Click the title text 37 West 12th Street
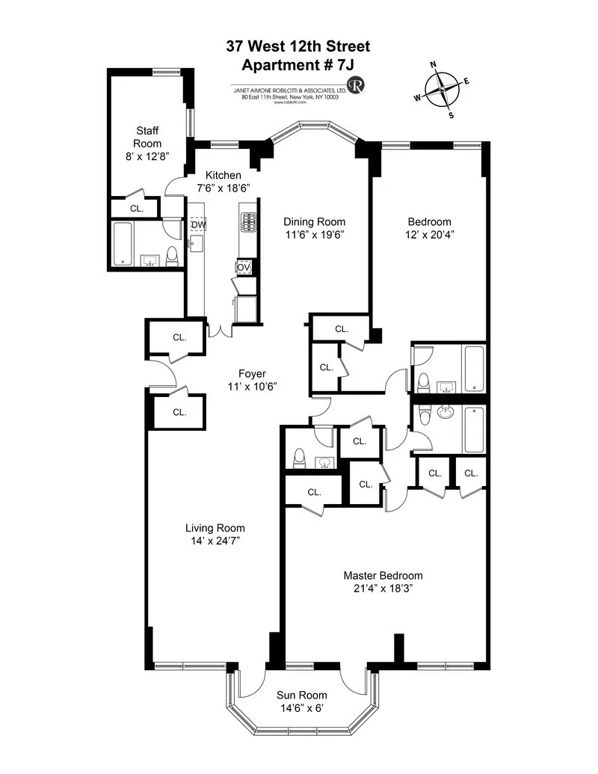(298, 47)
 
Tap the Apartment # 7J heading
(298, 64)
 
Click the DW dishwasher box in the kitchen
(198, 224)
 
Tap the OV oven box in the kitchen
(244, 267)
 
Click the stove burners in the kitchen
(247, 221)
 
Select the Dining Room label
(314, 222)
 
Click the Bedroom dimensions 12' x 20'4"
(429, 235)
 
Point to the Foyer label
(252, 374)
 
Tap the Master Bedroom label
(383, 575)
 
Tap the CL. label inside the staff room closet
(136, 209)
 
